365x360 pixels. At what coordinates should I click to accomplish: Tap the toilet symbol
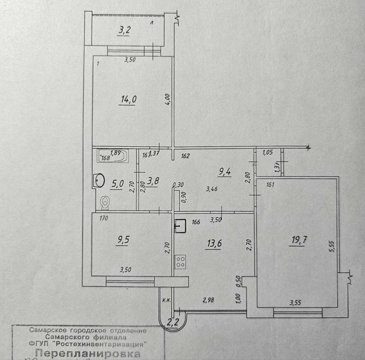(x=105, y=202)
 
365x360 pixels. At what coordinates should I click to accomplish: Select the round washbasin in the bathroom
(x=98, y=179)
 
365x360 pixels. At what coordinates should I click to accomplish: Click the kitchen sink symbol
(x=181, y=226)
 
